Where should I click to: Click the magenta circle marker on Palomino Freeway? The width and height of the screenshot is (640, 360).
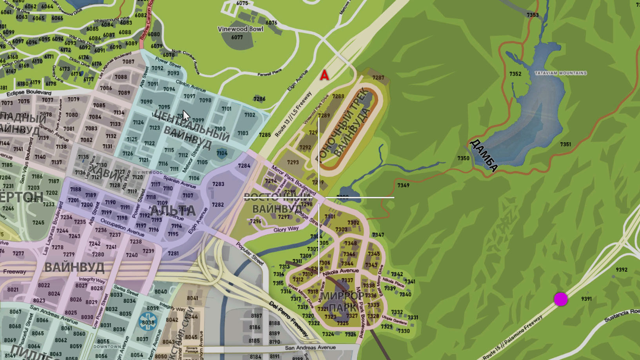[560, 299]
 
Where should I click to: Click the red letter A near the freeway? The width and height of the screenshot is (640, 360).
[324, 75]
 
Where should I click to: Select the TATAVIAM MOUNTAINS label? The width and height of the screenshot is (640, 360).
[560, 73]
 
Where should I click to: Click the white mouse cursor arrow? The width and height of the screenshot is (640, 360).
[185, 116]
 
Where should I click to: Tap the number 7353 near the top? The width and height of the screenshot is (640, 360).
[532, 15]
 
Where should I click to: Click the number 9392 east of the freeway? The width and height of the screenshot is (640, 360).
[621, 270]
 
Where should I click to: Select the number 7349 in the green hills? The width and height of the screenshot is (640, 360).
[403, 185]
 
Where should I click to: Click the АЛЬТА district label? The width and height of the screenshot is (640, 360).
[173, 211]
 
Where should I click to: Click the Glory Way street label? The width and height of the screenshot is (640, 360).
[286, 229]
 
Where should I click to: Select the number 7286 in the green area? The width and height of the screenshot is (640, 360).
[259, 99]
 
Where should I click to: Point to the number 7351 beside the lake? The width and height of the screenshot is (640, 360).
[565, 144]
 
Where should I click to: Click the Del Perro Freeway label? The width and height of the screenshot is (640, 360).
[289, 318]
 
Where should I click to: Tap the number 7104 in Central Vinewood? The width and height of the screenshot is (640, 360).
[222, 153]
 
